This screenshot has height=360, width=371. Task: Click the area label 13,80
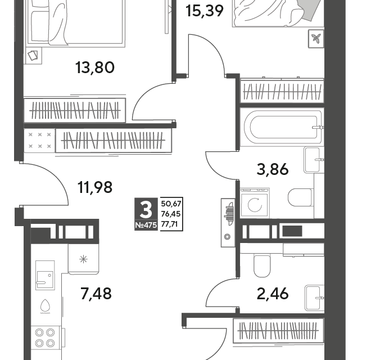point(94,68)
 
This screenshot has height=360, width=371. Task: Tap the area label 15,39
point(205,10)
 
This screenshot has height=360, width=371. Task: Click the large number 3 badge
point(146,211)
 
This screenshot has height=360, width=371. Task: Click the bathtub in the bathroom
point(280,127)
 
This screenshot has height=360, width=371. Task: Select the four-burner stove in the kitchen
point(44,336)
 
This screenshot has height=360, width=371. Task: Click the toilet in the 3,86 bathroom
point(300,197)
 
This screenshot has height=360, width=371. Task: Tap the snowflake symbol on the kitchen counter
point(83,259)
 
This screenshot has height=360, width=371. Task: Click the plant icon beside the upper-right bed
point(316,39)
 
